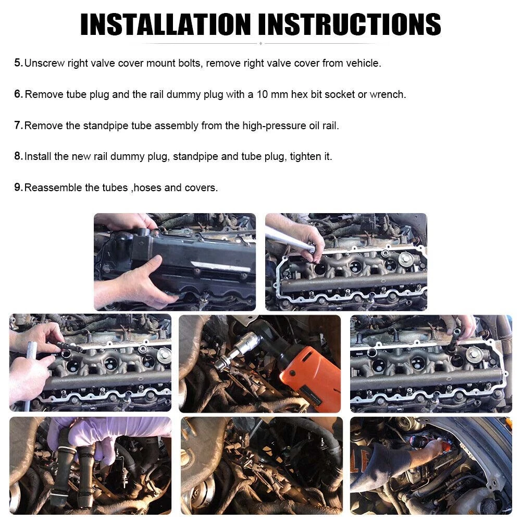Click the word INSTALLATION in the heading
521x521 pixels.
(x=166, y=24)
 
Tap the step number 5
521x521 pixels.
(x=18, y=63)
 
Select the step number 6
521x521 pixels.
(x=18, y=94)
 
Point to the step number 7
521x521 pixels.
(x=18, y=125)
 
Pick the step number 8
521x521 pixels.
(x=18, y=156)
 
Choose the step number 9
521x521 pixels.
(x=18, y=187)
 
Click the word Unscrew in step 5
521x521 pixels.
(x=44, y=63)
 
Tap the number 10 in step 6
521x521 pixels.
(x=262, y=94)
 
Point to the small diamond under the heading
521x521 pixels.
(x=260, y=44)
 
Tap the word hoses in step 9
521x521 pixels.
(x=147, y=188)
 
